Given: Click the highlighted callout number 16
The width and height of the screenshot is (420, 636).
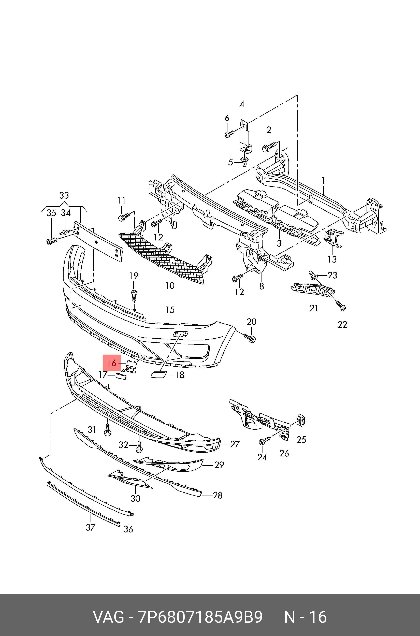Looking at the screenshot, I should (112, 363).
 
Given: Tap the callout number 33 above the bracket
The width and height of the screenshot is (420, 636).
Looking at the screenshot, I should (64, 195).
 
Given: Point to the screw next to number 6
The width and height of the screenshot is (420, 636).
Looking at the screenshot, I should (229, 134).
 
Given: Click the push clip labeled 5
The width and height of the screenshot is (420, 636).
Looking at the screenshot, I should (244, 161).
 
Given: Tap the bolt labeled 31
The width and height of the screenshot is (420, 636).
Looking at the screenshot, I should (107, 430).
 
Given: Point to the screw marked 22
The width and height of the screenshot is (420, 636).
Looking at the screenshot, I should (341, 306).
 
